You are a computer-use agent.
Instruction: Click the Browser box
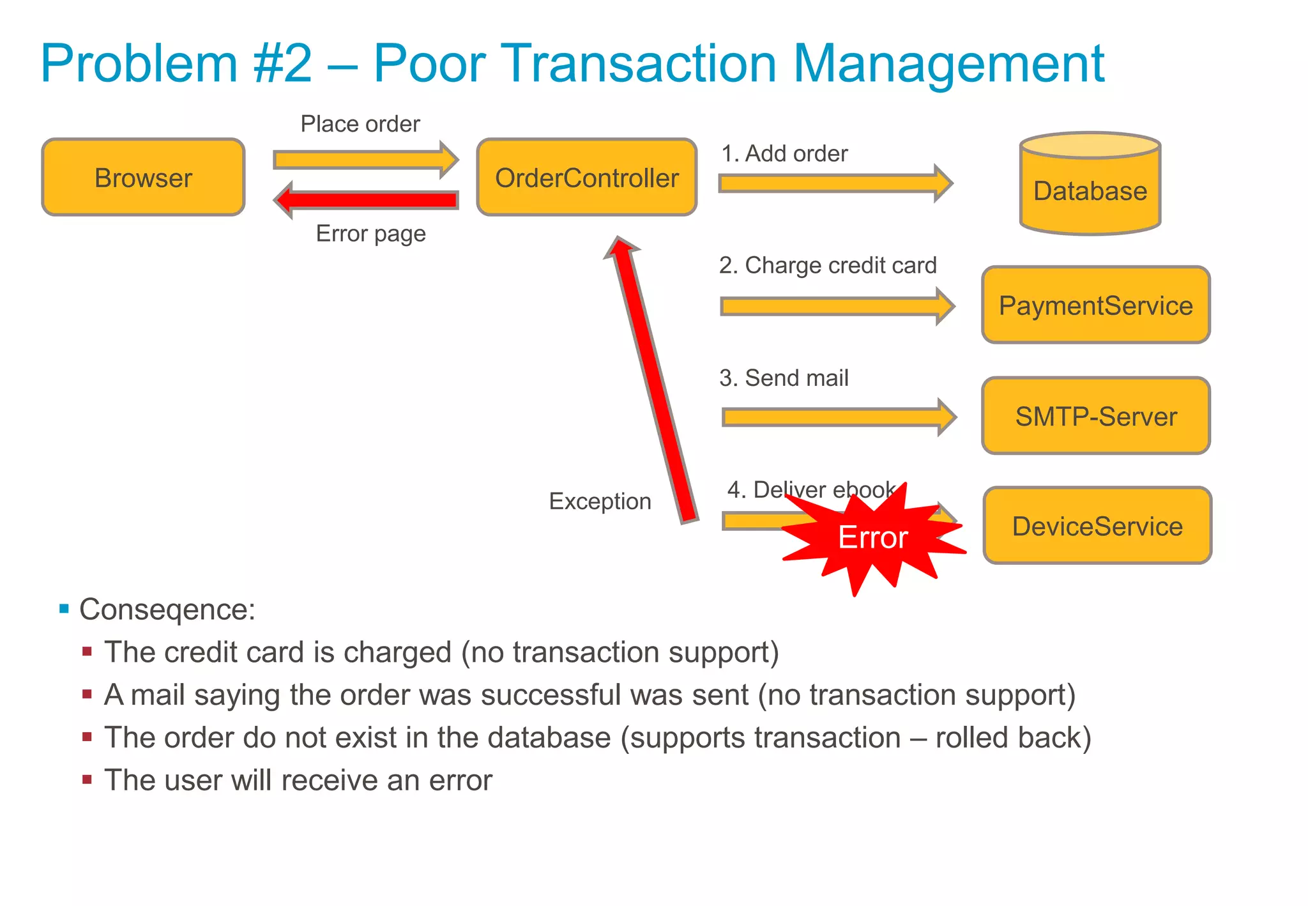click(x=143, y=178)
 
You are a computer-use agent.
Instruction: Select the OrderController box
click(x=586, y=178)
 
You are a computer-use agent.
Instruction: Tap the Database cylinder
click(x=1090, y=185)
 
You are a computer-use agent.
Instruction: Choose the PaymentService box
click(x=1095, y=305)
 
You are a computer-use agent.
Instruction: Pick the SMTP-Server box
click(x=1095, y=416)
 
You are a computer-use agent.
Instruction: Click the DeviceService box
click(x=1097, y=526)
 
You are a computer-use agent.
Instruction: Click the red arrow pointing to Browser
click(x=367, y=200)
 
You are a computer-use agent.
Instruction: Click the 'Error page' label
click(x=370, y=234)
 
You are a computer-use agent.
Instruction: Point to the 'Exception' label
click(x=600, y=502)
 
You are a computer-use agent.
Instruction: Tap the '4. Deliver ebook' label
click(x=811, y=490)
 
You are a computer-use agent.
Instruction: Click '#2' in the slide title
click(x=282, y=63)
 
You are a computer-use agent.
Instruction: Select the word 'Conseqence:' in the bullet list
click(x=167, y=610)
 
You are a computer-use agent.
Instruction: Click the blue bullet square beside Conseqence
click(x=64, y=608)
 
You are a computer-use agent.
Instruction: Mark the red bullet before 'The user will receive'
click(x=87, y=779)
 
